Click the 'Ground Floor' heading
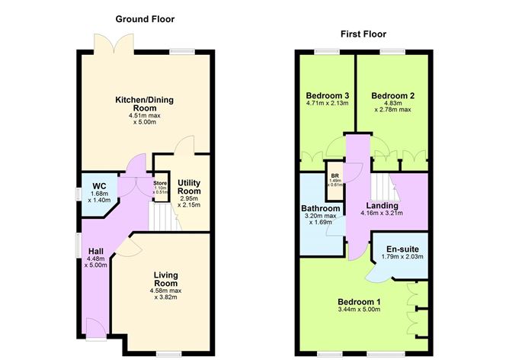tap(146, 18)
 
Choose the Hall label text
tap(95, 251)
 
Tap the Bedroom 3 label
tap(322, 96)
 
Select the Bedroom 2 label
tap(392, 96)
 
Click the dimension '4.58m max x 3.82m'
tap(165, 294)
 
